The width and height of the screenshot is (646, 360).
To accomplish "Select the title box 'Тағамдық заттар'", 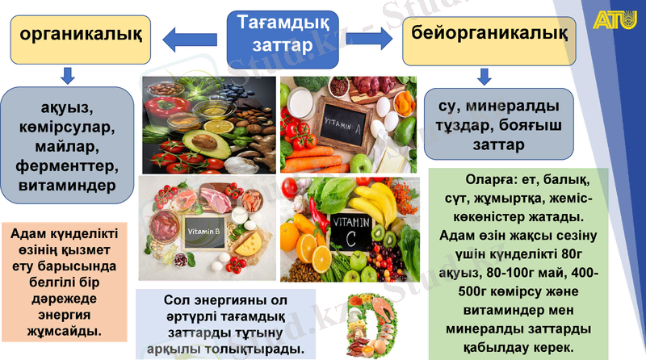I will pos(275,35).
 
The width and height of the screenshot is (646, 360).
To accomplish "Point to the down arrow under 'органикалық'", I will pos(69,76).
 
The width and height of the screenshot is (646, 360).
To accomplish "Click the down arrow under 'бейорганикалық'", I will pos(484,77).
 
